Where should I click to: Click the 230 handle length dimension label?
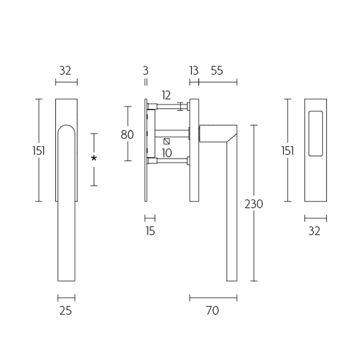(254, 204)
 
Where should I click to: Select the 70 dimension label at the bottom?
(212, 310)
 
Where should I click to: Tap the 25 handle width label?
(66, 310)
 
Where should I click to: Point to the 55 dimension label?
(216, 70)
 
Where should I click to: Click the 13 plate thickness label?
(193, 70)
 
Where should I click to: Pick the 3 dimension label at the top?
(145, 70)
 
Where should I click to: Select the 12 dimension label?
(166, 95)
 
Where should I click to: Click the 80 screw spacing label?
(127, 134)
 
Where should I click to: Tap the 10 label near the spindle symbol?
(166, 153)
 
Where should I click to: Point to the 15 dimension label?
(150, 231)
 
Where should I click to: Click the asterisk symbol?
(94, 159)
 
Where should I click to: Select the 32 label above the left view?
(66, 70)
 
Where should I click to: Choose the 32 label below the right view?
(315, 231)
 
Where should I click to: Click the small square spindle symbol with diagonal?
(167, 141)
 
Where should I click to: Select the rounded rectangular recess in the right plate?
(316, 133)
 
